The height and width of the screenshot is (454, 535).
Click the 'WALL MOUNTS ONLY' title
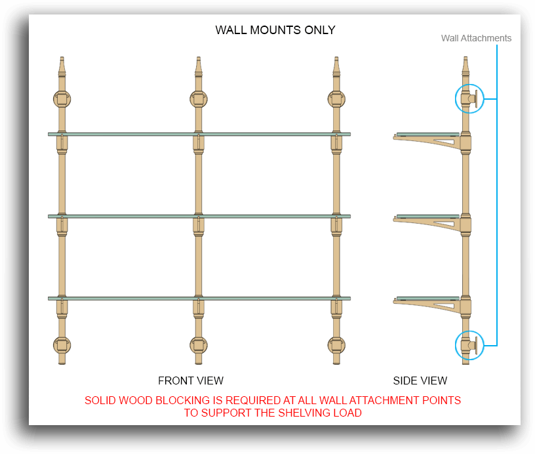(x=275, y=30)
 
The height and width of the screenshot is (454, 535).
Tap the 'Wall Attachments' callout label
(x=476, y=38)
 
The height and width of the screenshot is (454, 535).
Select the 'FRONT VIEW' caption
(x=191, y=381)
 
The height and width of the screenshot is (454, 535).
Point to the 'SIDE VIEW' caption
(x=420, y=381)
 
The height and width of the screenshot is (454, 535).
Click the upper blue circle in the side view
(x=469, y=98)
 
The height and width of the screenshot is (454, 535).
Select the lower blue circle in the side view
(x=469, y=345)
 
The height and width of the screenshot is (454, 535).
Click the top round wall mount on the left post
(x=62, y=99)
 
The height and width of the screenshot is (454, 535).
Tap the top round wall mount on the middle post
(x=199, y=99)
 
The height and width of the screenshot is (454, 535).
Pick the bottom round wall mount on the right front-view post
(x=336, y=345)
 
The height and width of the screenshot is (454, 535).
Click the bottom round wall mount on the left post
(x=62, y=345)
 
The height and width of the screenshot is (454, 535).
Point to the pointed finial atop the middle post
(x=199, y=66)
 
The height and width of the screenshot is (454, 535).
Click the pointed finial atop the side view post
(x=466, y=66)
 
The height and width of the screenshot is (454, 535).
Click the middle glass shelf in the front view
(x=199, y=217)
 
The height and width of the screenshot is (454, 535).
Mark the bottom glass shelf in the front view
(x=199, y=299)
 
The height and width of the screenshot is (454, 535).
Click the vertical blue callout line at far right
(x=497, y=196)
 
